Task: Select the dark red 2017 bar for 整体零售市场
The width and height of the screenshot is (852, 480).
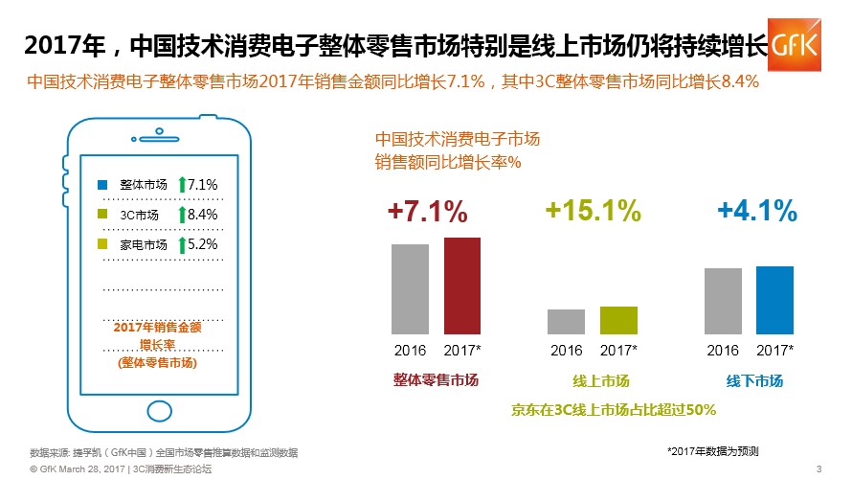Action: (x=461, y=286)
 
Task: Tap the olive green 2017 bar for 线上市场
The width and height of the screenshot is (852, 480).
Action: (x=618, y=320)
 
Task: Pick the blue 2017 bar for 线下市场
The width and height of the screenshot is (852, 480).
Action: (x=774, y=300)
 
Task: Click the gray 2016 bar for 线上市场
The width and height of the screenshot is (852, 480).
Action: (x=566, y=322)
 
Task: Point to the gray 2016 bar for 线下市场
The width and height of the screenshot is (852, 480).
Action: (x=723, y=301)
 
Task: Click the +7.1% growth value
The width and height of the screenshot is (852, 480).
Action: (x=427, y=212)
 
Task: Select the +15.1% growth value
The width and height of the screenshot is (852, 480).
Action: (x=593, y=212)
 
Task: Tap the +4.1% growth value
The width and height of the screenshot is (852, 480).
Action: (x=756, y=212)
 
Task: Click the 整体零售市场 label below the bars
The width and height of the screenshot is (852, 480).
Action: (x=436, y=379)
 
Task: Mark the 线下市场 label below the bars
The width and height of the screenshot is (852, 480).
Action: (x=754, y=380)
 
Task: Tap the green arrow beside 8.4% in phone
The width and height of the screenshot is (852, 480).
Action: (x=182, y=215)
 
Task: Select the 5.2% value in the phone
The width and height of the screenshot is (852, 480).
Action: (x=203, y=244)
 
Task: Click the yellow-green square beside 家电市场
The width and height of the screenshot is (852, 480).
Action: (x=103, y=245)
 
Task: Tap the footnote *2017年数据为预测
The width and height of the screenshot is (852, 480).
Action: (x=713, y=449)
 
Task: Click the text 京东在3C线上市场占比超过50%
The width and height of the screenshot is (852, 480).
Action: (x=615, y=409)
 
